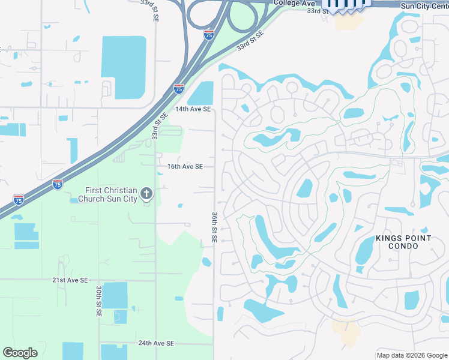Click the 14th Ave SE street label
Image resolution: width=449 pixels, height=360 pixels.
point(193,109)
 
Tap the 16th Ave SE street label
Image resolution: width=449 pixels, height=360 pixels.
point(185,166)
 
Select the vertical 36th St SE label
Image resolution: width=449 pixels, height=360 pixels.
point(214,226)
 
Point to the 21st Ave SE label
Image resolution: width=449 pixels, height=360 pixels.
point(70,280)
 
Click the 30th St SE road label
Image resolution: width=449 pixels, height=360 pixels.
point(98,301)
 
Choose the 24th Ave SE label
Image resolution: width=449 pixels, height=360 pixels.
point(155,343)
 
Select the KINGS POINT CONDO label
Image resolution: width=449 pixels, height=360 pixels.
point(403,242)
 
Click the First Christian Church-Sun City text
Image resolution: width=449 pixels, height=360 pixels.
point(105,194)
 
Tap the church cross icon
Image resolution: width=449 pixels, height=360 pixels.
point(146,193)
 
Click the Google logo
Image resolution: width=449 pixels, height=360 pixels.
point(20,353)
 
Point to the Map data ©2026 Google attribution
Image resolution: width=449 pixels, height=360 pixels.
point(412,355)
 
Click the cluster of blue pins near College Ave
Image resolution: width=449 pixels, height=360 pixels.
point(347,5)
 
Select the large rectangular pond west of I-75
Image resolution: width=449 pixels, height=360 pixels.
point(124,67)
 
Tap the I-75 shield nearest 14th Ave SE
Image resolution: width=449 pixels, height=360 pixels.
point(179,88)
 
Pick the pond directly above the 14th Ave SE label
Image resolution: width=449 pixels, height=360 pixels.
point(201,93)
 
